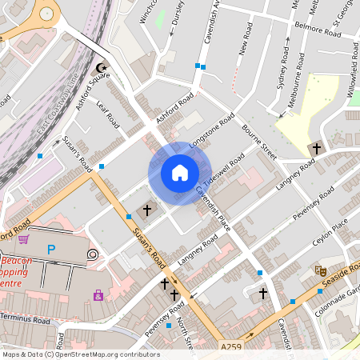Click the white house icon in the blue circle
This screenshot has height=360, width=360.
(180, 173)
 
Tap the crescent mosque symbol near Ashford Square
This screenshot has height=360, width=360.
(101, 69)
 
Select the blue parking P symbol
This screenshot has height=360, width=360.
(51, 250)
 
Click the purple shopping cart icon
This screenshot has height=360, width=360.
(24, 238)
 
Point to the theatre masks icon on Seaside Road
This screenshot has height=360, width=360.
(321, 271)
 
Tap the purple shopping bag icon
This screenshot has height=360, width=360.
(98, 294)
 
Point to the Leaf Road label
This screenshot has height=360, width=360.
(107, 113)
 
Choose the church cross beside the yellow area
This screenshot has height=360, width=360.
(316, 149)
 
